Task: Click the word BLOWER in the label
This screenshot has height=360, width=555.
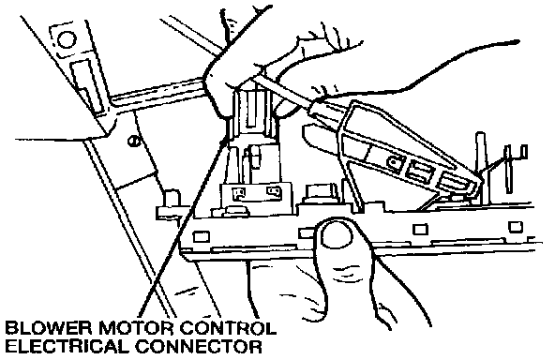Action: coord(49,329)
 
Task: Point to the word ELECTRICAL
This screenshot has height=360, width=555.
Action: coord(67,347)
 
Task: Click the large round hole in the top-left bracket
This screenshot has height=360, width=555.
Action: coord(67,40)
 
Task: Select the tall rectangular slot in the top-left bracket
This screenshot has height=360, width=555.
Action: coord(85,86)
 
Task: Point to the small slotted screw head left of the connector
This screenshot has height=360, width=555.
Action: coord(134,141)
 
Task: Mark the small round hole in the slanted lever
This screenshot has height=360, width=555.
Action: coord(393,162)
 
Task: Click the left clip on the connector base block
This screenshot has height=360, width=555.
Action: coord(238,194)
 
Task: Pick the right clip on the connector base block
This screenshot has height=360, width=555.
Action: coord(274,191)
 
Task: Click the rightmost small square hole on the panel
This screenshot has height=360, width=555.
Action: coord(515,226)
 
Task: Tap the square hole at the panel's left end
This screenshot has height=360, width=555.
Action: coord(201,236)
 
